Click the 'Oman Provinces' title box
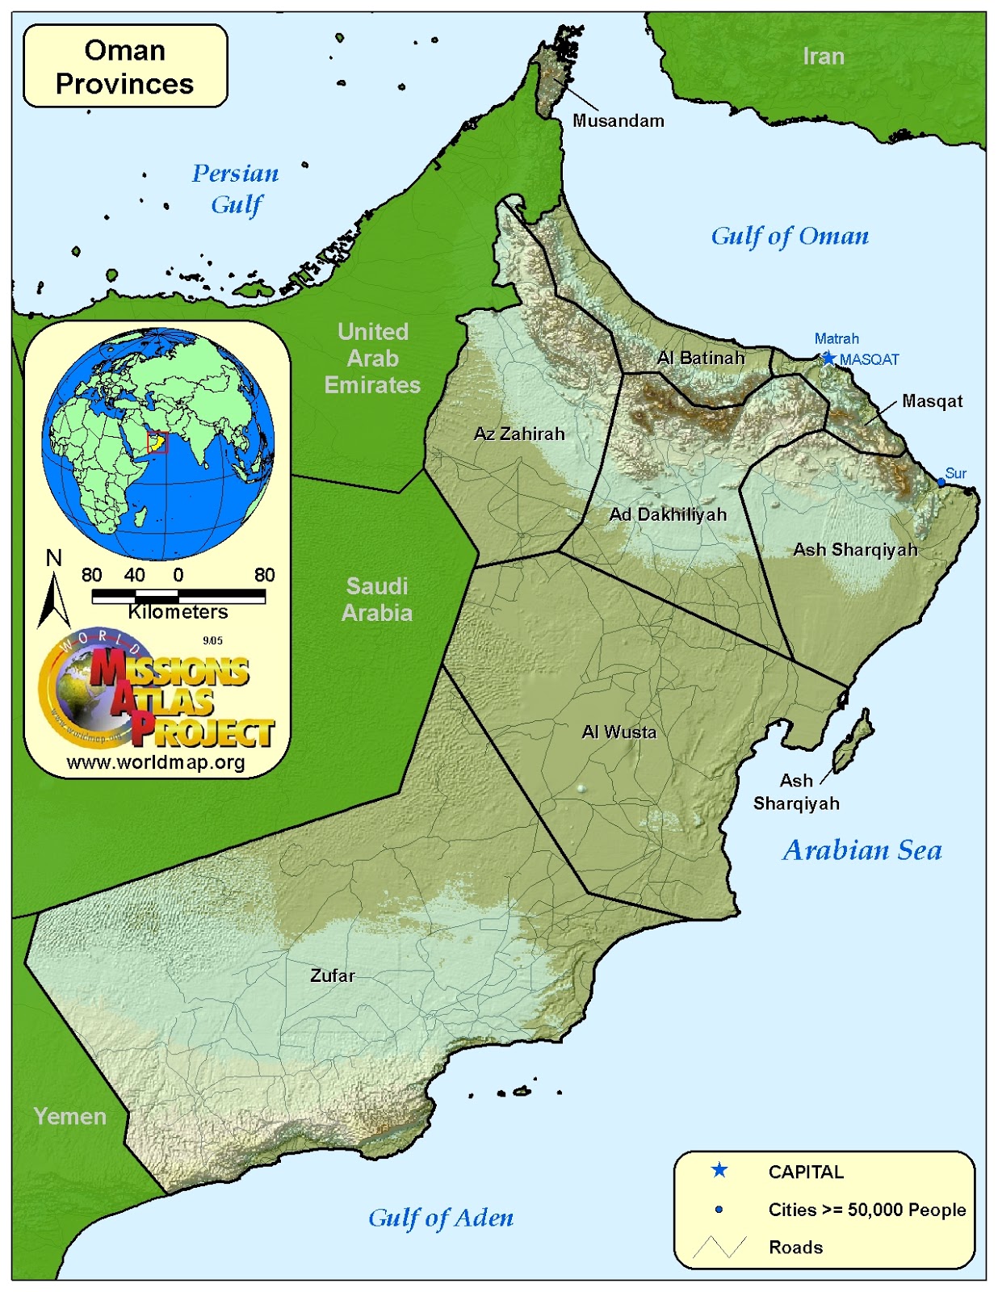tap(125, 66)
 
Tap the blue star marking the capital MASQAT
tap(828, 359)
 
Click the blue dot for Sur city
tap(941, 482)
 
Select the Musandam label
tap(618, 121)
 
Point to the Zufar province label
tap(332, 975)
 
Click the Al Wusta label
tap(619, 732)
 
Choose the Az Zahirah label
tap(519, 434)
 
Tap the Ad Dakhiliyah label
tap(668, 514)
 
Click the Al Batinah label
tap(701, 358)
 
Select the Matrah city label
tap(836, 339)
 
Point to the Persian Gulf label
tap(235, 189)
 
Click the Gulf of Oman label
tap(789, 236)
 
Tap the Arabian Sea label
tap(862, 850)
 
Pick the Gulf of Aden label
tap(440, 1218)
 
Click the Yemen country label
tap(70, 1117)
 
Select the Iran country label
tap(823, 57)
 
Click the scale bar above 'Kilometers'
tap(178, 596)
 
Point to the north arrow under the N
tap(53, 602)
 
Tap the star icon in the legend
tap(719, 1171)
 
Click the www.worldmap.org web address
tap(156, 762)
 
